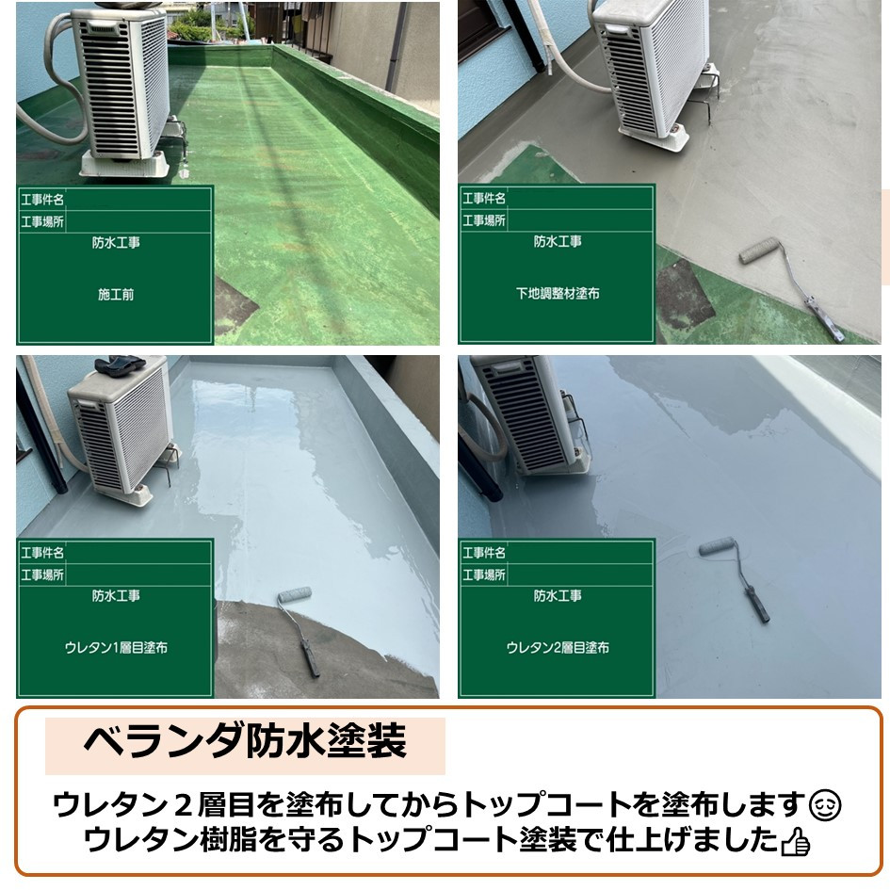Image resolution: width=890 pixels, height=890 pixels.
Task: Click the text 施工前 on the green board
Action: (116, 294)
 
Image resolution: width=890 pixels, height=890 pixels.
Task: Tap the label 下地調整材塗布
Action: (558, 293)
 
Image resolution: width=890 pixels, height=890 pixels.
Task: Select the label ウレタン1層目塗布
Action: (116, 648)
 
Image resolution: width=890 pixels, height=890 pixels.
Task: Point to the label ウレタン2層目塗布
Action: (558, 648)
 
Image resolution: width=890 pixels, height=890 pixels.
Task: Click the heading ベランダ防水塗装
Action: (245, 740)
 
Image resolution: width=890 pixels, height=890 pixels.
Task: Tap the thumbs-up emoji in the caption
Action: (795, 842)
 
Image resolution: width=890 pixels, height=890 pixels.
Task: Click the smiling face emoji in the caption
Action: (825, 806)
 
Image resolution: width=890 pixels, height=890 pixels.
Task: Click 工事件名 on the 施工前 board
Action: (42, 200)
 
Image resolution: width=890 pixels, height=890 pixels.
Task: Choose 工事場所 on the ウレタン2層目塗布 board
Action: (483, 575)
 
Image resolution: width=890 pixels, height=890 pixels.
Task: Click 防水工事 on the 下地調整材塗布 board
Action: (558, 242)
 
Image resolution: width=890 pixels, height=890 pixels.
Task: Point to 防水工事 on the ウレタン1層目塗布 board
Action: (116, 595)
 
